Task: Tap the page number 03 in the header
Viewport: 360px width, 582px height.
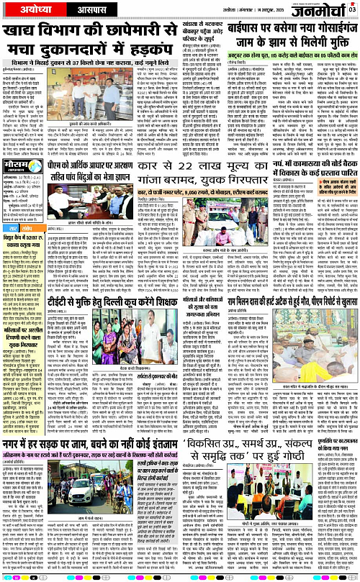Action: pos(352,9)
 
